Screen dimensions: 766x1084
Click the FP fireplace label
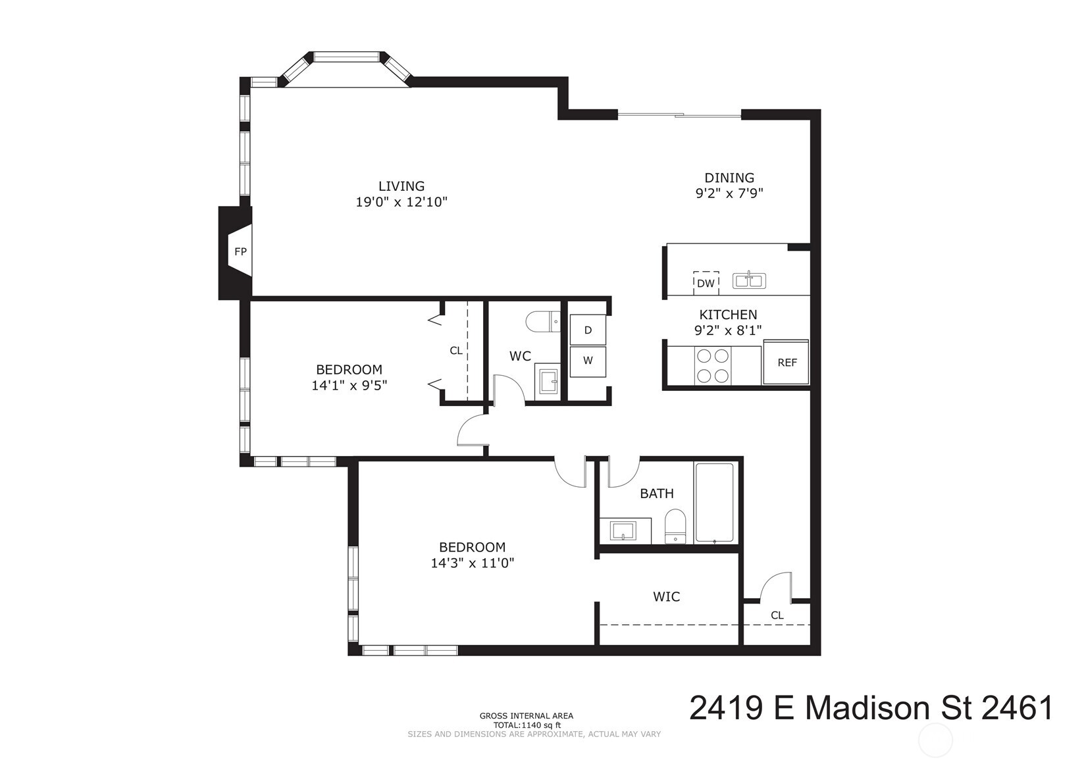click(x=240, y=251)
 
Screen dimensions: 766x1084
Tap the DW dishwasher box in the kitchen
click(x=706, y=283)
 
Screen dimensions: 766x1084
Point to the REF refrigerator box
click(x=787, y=362)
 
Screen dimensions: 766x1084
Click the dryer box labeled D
click(x=588, y=330)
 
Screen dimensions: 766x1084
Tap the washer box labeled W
click(x=588, y=361)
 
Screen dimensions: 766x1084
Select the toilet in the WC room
click(x=542, y=322)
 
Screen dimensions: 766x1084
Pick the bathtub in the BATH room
click(x=714, y=503)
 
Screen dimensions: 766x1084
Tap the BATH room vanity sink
click(x=623, y=530)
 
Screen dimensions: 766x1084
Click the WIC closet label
click(x=666, y=597)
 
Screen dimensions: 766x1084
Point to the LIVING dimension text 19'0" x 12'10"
click(x=401, y=202)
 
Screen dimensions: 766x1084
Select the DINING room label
click(x=729, y=178)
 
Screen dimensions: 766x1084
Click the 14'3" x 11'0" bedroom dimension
click(x=472, y=563)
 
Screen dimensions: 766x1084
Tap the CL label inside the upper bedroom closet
click(x=455, y=351)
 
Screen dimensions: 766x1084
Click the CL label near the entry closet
click(x=777, y=615)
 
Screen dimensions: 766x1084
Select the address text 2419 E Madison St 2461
click(x=871, y=709)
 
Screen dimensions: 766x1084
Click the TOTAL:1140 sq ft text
click(x=527, y=725)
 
